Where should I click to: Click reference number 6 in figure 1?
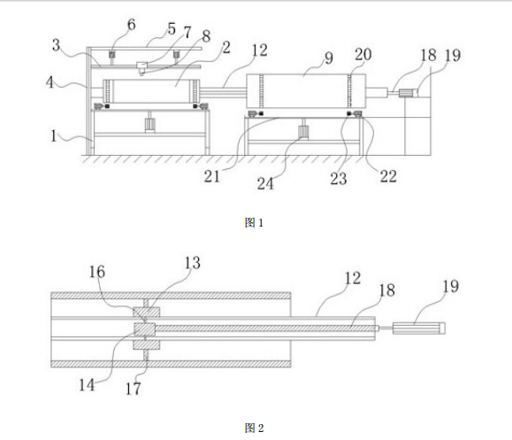pyautogui.click(x=131, y=25)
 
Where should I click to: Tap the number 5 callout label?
pyautogui.click(x=172, y=28)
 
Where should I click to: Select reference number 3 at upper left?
pyautogui.click(x=57, y=45)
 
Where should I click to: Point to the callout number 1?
pyautogui.click(x=54, y=135)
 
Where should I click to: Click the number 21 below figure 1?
pyautogui.click(x=212, y=176)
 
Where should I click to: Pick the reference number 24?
pyautogui.click(x=265, y=183)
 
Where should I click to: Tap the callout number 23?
pyautogui.click(x=339, y=179)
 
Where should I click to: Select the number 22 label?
pyautogui.click(x=388, y=176)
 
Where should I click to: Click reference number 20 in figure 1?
pyautogui.click(x=363, y=55)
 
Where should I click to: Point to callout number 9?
pyautogui.click(x=328, y=58)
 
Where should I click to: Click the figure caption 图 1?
pyautogui.click(x=254, y=223)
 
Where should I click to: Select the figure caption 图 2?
pyautogui.click(x=254, y=428)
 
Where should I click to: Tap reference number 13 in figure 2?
pyautogui.click(x=192, y=263)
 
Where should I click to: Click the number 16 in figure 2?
pyautogui.click(x=97, y=272)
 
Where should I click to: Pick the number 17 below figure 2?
pyautogui.click(x=134, y=389)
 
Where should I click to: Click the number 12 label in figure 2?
pyautogui.click(x=353, y=278)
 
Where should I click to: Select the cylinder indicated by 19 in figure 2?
pyautogui.click(x=418, y=328)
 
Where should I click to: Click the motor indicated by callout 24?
pyautogui.click(x=303, y=133)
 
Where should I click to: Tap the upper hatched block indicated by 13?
pyautogui.click(x=146, y=312)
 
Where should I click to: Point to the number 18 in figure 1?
pyautogui.click(x=428, y=55)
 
